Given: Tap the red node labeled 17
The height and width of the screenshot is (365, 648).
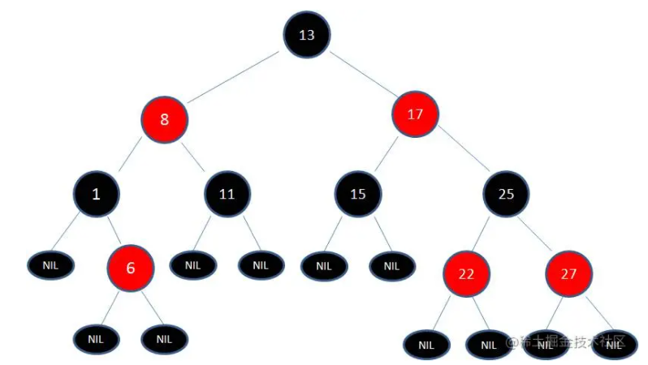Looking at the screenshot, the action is click(x=415, y=115).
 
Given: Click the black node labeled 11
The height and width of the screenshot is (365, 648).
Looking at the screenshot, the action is click(x=227, y=195).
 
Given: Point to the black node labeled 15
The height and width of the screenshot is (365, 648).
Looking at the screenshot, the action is click(x=358, y=194).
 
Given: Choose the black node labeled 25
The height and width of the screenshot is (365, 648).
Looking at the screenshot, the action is click(x=507, y=194).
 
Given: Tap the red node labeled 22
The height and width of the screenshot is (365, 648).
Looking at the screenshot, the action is click(x=466, y=273).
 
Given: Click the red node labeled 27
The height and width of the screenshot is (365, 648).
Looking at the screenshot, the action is click(x=568, y=273).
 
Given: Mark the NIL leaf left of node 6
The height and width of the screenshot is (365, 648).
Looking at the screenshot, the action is click(x=50, y=264).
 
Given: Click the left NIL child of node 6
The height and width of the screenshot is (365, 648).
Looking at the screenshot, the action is click(x=96, y=338).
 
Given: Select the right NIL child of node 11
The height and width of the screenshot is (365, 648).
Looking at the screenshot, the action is click(x=261, y=264).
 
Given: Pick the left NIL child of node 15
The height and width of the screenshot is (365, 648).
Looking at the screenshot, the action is click(x=324, y=265).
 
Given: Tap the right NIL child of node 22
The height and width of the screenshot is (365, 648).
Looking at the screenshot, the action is click(x=488, y=345).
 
